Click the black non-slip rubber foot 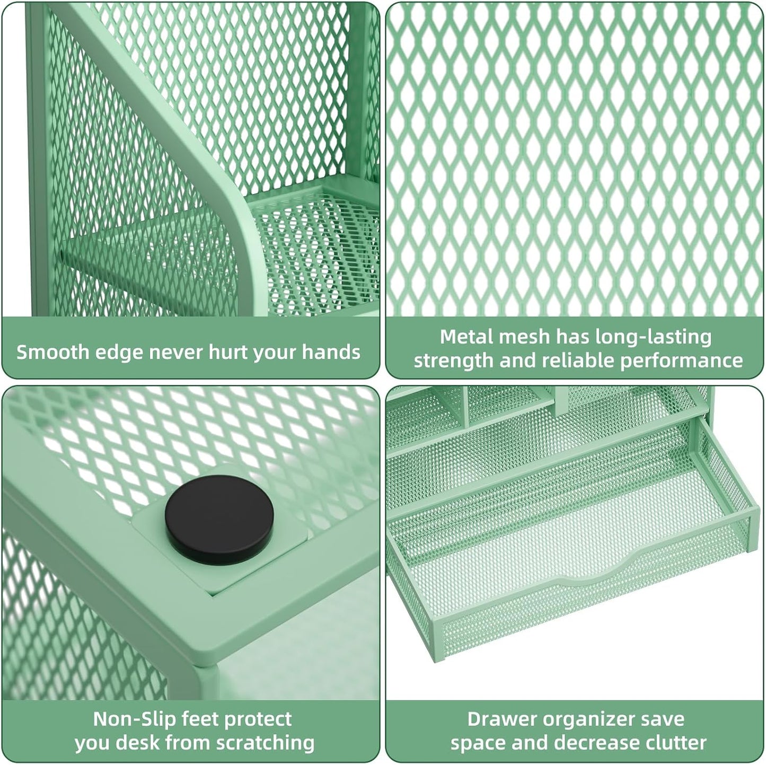coord(219,518)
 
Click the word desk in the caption coord(131,743)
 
